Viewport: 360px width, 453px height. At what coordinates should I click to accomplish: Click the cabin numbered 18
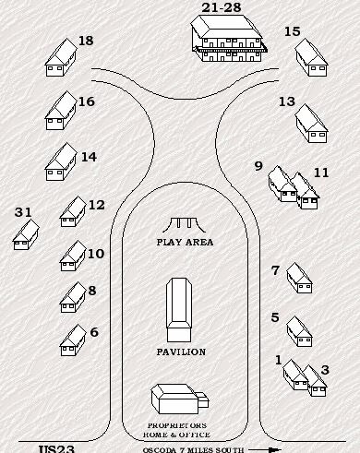pyautogui.click(x=61, y=57)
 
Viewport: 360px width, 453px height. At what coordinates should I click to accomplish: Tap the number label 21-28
pyautogui.click(x=222, y=7)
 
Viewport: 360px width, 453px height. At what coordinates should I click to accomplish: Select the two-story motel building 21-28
pyautogui.click(x=228, y=38)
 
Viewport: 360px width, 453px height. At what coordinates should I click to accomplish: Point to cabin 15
pyautogui.click(x=311, y=57)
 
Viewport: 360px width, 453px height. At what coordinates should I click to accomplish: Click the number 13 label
pyautogui.click(x=287, y=101)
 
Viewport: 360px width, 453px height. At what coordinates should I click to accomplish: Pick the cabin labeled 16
pyautogui.click(x=61, y=111)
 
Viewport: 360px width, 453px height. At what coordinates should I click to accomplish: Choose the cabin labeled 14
pyautogui.click(x=61, y=161)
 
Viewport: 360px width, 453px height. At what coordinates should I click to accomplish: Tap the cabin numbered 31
pyautogui.click(x=26, y=234)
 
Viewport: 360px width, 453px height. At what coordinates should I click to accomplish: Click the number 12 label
pyautogui.click(x=97, y=205)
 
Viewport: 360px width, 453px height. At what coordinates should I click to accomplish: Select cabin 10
pyautogui.click(x=73, y=256)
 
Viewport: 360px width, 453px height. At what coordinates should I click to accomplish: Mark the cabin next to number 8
pyautogui.click(x=73, y=297)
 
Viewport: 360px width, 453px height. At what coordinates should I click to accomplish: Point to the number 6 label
pyautogui.click(x=94, y=332)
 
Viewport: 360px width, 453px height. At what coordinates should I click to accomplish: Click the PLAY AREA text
pyautogui.click(x=185, y=242)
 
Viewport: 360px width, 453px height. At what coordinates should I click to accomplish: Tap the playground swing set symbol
pyautogui.click(x=184, y=225)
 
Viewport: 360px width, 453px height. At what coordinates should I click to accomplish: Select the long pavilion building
pyautogui.click(x=179, y=310)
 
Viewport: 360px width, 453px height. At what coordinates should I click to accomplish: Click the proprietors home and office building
pyautogui.click(x=179, y=399)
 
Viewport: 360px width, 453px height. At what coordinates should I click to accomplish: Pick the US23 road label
pyautogui.click(x=56, y=448)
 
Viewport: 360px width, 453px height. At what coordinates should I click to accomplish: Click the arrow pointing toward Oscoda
pyautogui.click(x=265, y=450)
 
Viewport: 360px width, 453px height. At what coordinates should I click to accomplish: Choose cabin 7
pyautogui.click(x=299, y=278)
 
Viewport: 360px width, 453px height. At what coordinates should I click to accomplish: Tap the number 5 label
pyautogui.click(x=275, y=317)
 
